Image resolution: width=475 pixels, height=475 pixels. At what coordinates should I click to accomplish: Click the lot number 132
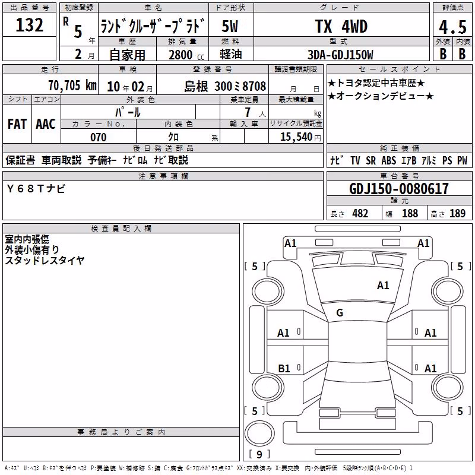coord(29,25)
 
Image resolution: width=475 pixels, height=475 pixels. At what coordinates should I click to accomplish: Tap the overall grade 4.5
coord(452,27)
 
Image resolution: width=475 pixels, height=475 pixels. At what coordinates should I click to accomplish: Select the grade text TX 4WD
coord(341,26)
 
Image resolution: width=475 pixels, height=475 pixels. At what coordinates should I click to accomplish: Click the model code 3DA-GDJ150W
coord(340,55)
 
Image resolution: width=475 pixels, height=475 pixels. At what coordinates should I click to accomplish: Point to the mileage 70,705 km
coord(72,85)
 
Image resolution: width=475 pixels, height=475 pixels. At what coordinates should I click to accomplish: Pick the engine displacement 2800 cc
coord(186,55)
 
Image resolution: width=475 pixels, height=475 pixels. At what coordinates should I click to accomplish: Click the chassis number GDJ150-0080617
coord(399,189)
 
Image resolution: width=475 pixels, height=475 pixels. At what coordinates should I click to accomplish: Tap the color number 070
coord(99,137)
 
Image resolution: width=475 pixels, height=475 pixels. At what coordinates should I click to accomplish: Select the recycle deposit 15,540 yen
coord(300,137)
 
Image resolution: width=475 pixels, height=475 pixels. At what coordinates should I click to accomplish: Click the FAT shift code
coord(17,124)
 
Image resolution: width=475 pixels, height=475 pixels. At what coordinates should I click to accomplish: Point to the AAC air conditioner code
coord(46,124)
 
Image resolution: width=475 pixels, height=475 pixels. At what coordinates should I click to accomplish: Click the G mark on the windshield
coord(340,313)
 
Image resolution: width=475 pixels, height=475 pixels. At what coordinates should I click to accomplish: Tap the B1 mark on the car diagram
coord(284,368)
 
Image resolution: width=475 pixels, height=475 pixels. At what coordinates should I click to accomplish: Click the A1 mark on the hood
coord(383,286)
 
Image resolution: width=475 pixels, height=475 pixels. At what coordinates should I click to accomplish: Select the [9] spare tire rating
coord(259,454)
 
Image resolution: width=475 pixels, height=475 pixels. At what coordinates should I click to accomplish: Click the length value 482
coord(360,213)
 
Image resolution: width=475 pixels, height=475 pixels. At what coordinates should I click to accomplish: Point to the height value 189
coord(457,213)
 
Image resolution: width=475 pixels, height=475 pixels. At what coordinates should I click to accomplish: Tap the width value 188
coord(410,213)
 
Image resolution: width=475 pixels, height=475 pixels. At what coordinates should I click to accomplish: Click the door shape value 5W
coord(230,26)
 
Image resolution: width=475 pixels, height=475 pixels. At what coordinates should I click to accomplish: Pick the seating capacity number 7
coord(248,112)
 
